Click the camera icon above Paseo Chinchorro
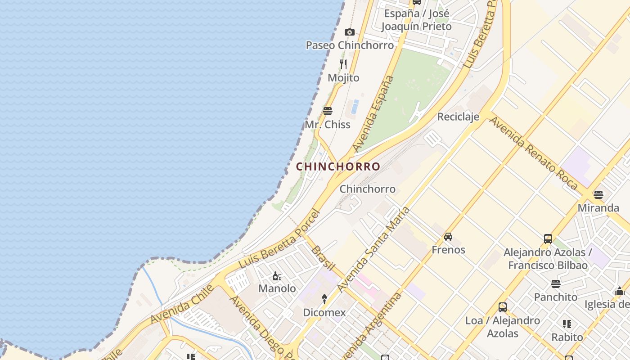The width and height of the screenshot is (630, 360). [349, 32]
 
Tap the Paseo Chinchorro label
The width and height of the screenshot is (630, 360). [350, 45]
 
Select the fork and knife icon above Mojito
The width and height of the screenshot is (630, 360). [343, 64]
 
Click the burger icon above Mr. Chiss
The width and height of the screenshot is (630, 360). [328, 111]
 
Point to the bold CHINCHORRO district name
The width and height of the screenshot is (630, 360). [338, 166]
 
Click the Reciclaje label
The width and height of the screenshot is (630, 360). [458, 117]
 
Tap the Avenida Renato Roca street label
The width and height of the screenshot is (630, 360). [533, 153]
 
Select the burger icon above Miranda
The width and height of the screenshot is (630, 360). [598, 195]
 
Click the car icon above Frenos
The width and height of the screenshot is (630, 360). [448, 237]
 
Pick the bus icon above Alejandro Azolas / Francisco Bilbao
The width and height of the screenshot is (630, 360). [548, 238]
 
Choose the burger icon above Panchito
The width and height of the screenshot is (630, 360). [556, 284]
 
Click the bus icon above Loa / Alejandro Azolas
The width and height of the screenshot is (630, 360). [503, 307]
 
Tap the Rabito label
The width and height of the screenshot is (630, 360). [567, 337]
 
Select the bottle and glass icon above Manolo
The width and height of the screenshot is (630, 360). [277, 276]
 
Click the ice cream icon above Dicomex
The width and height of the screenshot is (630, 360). [324, 299]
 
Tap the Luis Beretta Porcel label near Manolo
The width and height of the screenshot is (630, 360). [279, 239]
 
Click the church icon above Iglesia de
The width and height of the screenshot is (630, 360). [620, 291]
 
